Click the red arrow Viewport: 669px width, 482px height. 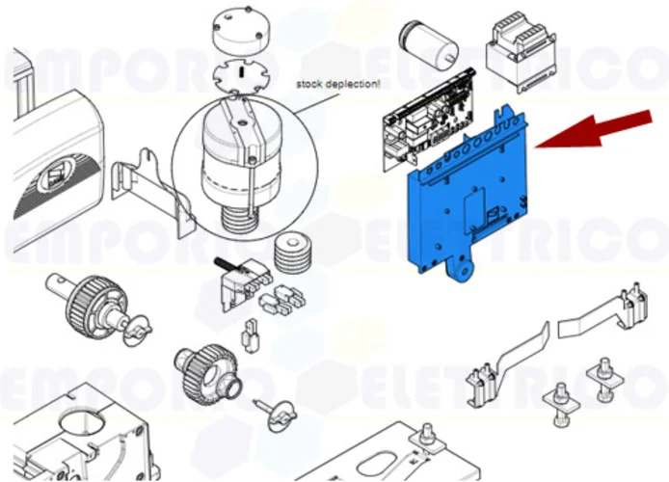(x=590, y=129)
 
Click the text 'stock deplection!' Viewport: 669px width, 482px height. (x=337, y=84)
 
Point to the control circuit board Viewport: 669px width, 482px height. (x=424, y=130)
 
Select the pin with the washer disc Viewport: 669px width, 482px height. (x=273, y=413)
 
